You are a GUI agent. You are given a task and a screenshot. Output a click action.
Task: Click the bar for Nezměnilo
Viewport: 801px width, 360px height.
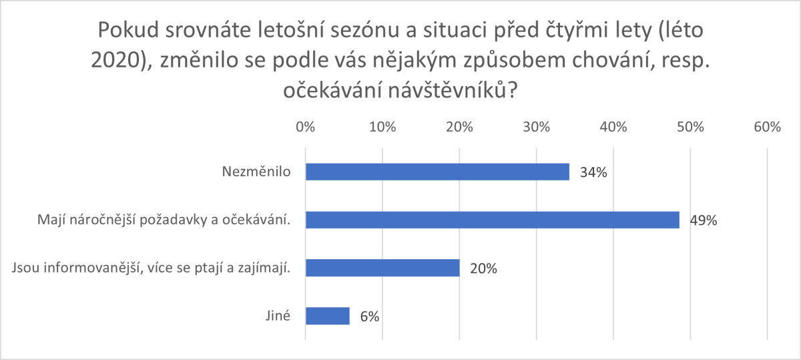pos(437,172)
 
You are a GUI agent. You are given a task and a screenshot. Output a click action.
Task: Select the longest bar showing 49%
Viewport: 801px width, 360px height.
pos(492,220)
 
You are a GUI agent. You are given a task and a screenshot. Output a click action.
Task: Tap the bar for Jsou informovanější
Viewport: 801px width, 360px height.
pos(382,268)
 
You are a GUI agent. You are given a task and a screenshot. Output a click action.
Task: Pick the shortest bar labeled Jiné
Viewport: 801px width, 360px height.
pos(327,316)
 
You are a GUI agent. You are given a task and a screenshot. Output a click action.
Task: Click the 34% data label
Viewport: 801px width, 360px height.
pos(593,172)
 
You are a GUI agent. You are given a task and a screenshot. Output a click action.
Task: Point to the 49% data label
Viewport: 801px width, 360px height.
pos(703,220)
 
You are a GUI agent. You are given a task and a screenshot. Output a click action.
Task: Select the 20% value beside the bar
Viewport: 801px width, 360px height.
pos(483,268)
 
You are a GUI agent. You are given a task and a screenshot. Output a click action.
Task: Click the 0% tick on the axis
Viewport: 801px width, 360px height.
pos(305,126)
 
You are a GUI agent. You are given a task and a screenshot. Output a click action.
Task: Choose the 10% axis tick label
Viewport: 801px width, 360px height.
pos(382,126)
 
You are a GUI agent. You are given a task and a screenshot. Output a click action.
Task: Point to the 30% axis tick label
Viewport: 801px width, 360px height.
pos(536,126)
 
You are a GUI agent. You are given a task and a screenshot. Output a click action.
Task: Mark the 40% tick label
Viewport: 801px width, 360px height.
pos(613,126)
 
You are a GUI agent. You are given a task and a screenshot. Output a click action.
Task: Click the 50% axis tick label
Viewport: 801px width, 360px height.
pos(690,126)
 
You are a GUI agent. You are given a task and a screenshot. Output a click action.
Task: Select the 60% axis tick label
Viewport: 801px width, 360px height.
pos(767,126)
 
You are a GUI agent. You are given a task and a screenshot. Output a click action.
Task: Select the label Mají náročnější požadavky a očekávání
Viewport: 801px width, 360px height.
pos(165,220)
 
